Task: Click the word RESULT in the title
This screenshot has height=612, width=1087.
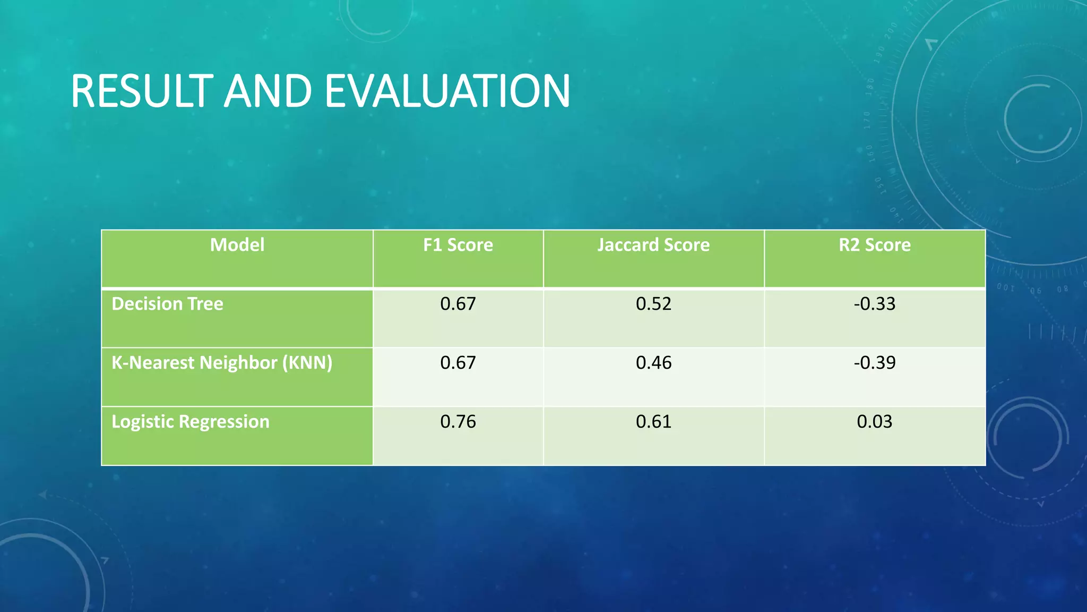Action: pos(142,91)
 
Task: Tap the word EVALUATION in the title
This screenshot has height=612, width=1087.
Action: pos(447,91)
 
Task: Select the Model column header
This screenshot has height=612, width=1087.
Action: pos(237,245)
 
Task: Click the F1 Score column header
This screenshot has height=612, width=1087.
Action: pos(458,245)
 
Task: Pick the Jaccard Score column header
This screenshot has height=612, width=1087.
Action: pos(653,245)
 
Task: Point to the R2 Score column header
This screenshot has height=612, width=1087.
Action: pos(875,245)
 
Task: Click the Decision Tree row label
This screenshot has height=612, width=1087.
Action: pos(167,304)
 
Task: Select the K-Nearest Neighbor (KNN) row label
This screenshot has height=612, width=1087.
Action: pos(222,363)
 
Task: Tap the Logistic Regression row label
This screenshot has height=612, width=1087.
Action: pos(191,422)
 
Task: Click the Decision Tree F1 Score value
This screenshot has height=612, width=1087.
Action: pos(458,304)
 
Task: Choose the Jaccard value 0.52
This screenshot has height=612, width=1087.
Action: pos(653,304)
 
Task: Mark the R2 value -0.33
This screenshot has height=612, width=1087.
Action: pos(875,304)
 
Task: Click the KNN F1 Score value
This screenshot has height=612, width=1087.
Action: pos(458,363)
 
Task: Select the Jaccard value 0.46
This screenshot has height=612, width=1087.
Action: pos(653,363)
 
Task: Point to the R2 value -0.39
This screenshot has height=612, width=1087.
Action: pos(875,363)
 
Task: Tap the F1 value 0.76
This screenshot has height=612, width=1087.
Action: pos(458,422)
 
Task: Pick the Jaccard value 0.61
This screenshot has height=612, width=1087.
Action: pos(653,422)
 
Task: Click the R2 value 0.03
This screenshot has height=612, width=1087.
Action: pos(875,422)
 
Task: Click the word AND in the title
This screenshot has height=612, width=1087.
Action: pos(268,91)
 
